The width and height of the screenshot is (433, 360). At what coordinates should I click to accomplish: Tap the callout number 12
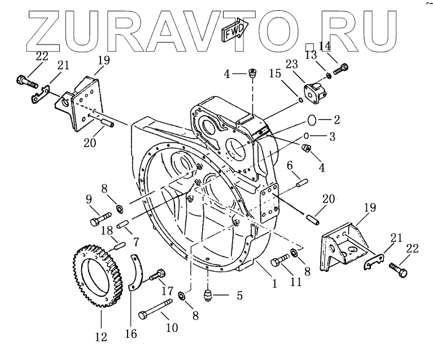pos(100,337)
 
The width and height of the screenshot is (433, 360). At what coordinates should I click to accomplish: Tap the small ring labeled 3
pos(307,136)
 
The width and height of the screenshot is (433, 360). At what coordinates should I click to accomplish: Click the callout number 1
pos(274,284)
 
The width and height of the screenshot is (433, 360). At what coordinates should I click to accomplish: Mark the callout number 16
pos(130,333)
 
